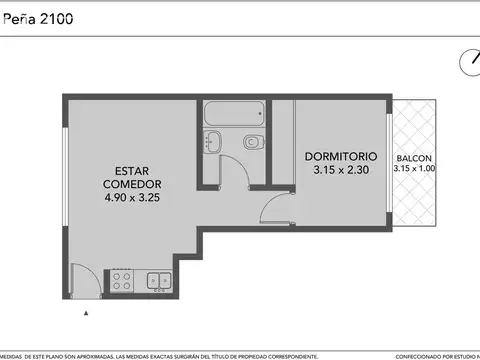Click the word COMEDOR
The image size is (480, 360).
132,184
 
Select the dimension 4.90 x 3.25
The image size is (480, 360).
132,198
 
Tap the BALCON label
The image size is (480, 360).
414,159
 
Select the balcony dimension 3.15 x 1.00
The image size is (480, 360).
415,170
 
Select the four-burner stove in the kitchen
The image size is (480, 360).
122,280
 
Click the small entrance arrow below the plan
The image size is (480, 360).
88,313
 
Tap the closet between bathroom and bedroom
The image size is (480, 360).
282,140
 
